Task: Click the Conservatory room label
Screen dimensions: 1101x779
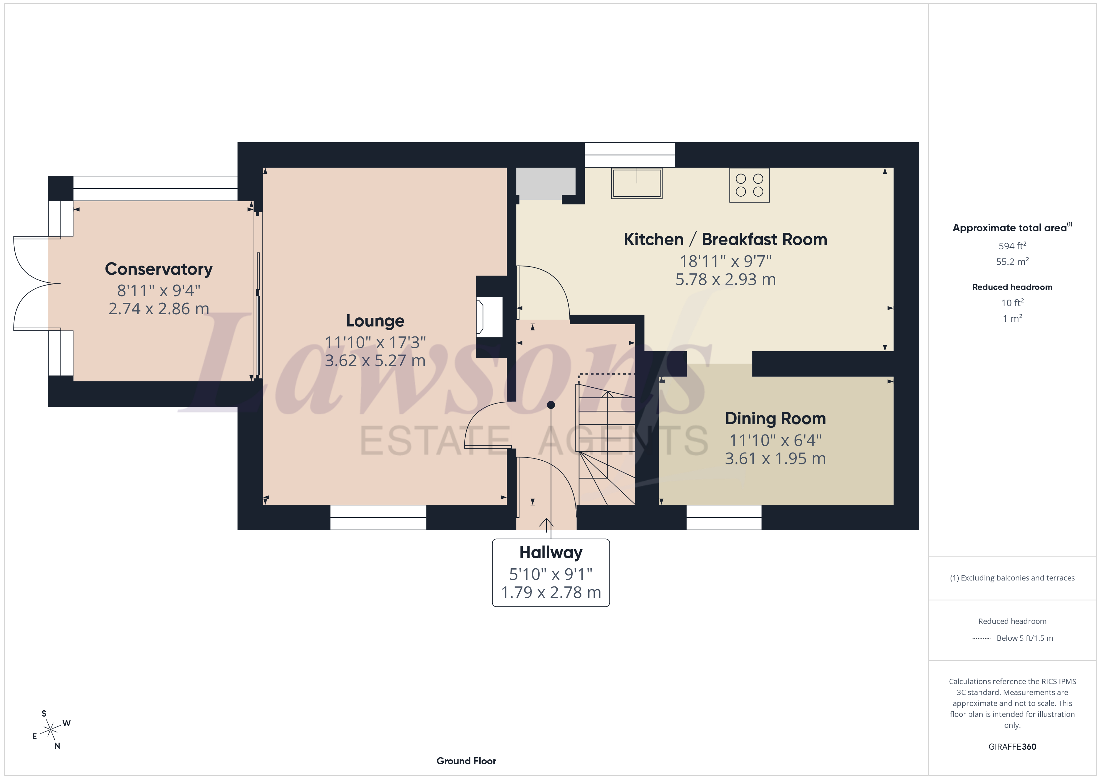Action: coord(159,269)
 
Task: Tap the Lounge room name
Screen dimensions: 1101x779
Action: coord(375,321)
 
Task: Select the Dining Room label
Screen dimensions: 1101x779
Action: coord(776,418)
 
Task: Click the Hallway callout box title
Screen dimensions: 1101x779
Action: coord(551,553)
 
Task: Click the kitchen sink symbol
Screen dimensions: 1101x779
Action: coord(637,183)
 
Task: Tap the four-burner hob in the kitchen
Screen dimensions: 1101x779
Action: coord(750,185)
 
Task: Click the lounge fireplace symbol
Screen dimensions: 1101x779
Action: coord(489,316)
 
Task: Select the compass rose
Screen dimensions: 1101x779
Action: coord(50,730)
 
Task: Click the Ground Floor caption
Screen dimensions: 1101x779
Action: coord(466,761)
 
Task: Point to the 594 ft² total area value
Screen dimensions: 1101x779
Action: coord(1012,246)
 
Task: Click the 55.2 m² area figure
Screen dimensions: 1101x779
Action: coord(1012,262)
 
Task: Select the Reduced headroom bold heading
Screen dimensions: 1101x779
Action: coord(1012,287)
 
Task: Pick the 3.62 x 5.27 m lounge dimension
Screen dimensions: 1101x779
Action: coord(375,360)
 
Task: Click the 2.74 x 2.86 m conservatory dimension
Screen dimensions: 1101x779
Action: coord(159,308)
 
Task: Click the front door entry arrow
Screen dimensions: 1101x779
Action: coord(546,525)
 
